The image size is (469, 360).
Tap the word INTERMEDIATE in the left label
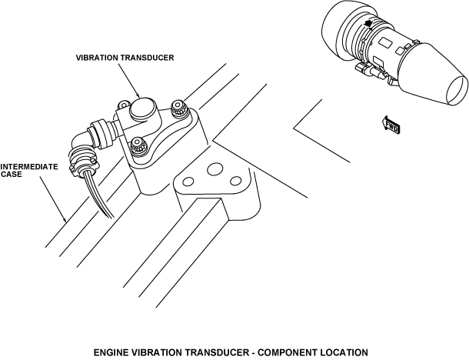29,165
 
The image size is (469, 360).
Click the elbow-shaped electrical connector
87,138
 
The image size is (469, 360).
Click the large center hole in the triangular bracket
216,168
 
